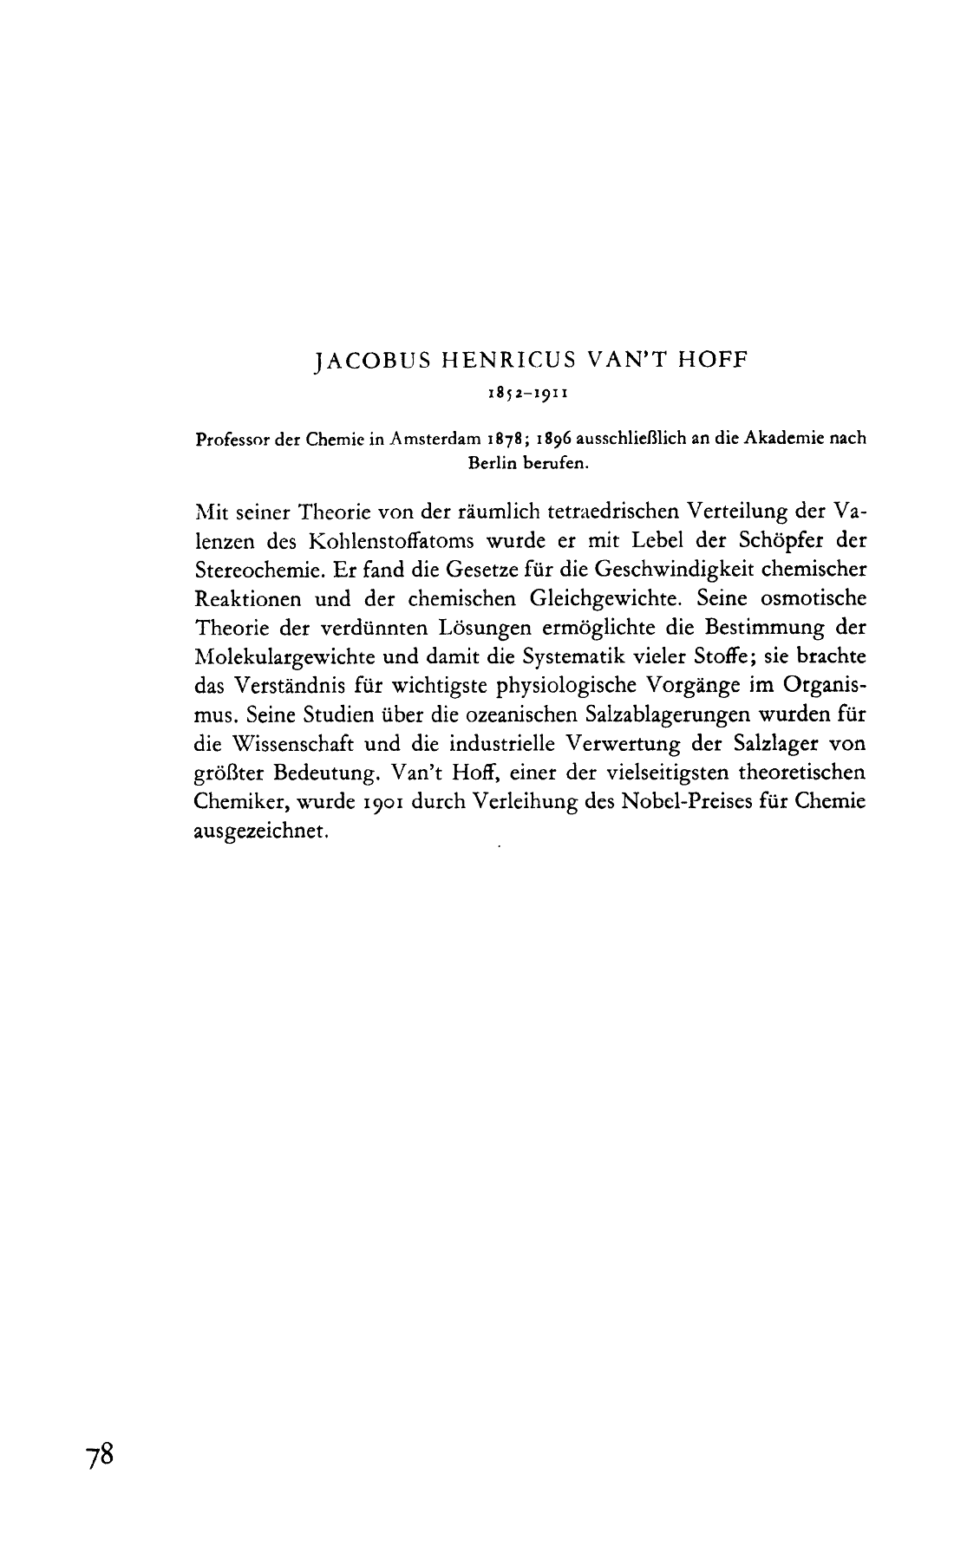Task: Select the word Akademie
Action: (781, 439)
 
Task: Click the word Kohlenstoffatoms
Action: (390, 541)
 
